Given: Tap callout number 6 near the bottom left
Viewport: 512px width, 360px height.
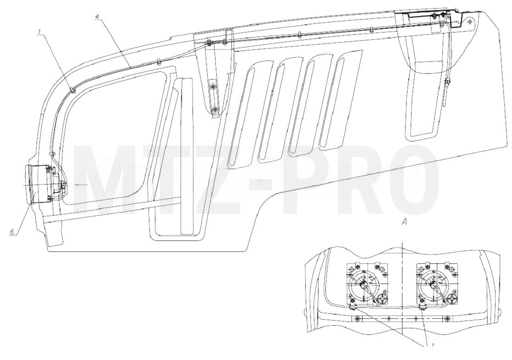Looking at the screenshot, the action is (12, 231).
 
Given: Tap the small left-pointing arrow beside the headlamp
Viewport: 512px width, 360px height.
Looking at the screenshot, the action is (80, 185).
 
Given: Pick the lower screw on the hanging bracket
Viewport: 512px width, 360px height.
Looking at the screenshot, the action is (215, 110).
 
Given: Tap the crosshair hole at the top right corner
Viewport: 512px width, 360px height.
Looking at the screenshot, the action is (469, 21).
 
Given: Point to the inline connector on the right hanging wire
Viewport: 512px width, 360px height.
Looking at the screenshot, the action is (447, 80).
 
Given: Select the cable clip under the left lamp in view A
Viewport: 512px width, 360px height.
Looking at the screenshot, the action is (352, 306).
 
